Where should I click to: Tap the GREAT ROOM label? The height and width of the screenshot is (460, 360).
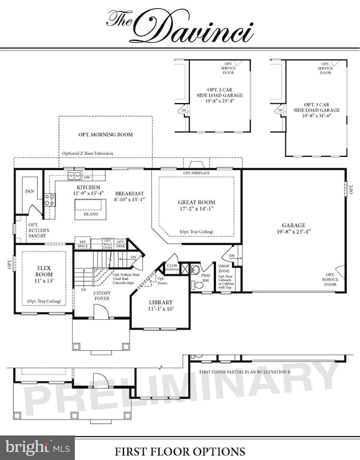[197, 202]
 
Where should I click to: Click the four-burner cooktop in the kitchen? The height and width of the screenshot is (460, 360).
[50, 200]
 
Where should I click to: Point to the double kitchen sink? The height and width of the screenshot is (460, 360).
[74, 176]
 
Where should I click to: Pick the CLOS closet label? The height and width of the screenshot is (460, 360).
[172, 265]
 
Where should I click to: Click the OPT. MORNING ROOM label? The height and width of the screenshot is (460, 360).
[105, 135]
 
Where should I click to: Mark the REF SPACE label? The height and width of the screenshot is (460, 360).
[83, 244]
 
